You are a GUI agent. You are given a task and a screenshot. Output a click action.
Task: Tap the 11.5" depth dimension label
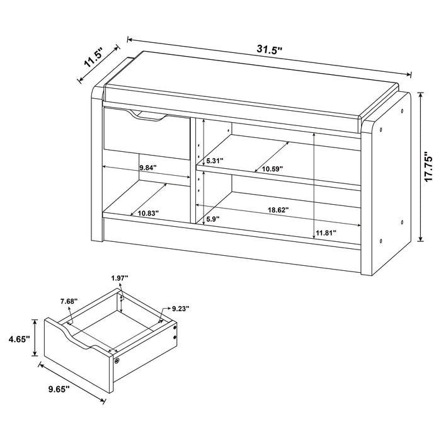point(93,60)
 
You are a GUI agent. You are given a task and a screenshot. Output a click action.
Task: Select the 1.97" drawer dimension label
point(119,277)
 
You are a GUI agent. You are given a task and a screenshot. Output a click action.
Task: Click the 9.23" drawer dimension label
point(178,309)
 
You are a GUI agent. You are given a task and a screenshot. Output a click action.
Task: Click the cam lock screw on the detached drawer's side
point(118,360)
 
